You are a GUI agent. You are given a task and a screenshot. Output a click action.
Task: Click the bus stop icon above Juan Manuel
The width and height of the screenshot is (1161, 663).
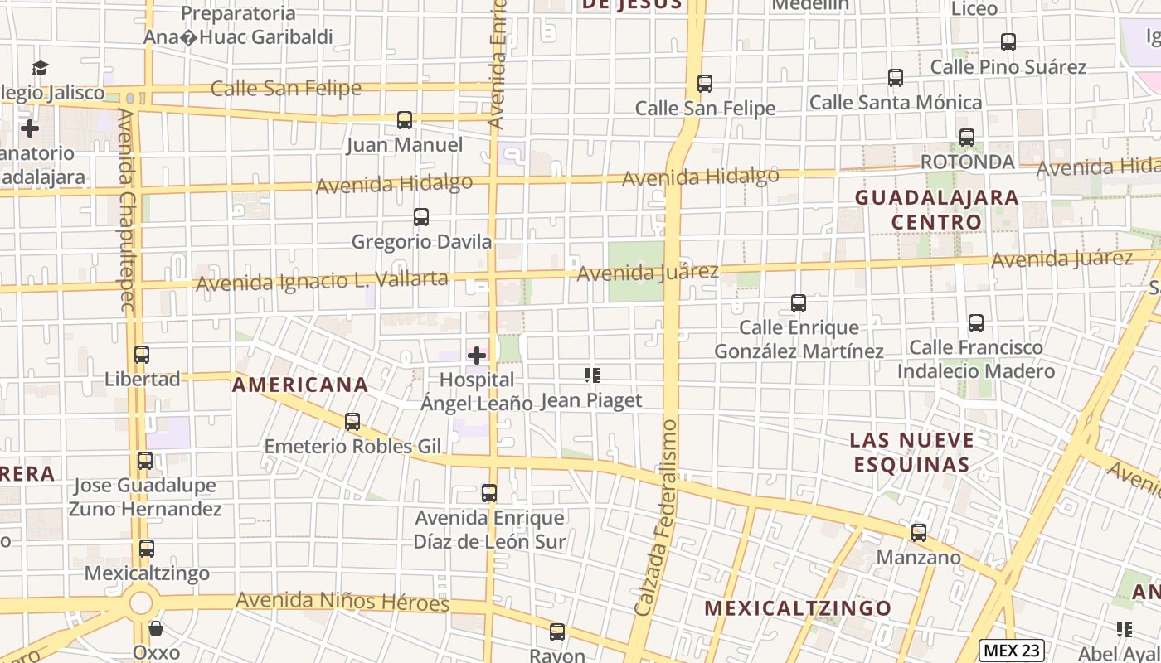tap(405, 120)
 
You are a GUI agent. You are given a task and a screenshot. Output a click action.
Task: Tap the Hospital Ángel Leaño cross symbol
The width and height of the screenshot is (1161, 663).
tap(477, 356)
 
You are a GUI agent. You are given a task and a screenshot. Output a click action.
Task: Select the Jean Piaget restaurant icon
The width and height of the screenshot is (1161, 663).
tap(591, 375)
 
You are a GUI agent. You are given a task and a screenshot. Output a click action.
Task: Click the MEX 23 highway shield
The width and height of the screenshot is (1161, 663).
tap(1011, 651)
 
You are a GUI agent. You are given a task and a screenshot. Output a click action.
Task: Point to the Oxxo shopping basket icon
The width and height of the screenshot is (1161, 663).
tap(156, 629)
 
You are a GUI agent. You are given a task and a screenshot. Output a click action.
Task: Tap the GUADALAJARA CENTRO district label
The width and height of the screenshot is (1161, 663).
tap(936, 210)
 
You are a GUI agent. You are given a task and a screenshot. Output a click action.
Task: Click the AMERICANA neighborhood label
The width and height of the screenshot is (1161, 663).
tap(300, 385)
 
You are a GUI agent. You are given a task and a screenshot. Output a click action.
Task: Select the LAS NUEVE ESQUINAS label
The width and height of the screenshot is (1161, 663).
tap(911, 452)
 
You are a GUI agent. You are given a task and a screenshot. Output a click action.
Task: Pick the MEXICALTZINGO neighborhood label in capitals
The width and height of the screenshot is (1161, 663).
tap(798, 608)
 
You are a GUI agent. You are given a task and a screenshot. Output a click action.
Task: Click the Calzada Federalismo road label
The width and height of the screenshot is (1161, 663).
tap(658, 518)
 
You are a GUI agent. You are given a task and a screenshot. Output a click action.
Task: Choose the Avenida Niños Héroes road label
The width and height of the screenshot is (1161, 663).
tap(342, 601)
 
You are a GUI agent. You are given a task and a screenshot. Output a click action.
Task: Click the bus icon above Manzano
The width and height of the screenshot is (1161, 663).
tap(919, 533)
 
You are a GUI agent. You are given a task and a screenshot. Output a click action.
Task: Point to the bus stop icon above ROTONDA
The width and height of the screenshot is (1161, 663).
tap(967, 138)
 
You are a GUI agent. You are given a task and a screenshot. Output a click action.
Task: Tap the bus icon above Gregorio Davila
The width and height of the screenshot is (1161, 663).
tap(421, 217)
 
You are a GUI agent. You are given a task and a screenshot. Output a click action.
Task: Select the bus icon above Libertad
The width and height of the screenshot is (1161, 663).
tap(142, 355)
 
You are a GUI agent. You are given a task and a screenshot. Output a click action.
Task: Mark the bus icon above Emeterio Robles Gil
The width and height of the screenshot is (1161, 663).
tap(352, 422)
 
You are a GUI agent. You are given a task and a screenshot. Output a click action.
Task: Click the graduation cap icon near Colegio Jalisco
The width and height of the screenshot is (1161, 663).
tap(40, 68)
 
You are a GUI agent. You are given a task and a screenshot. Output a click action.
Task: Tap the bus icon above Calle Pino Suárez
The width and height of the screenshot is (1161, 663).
tap(1008, 41)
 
